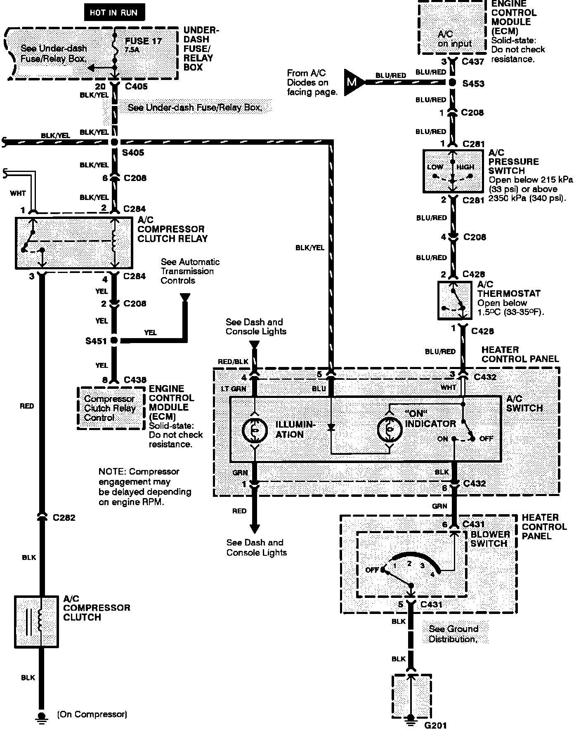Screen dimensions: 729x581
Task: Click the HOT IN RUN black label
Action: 113,12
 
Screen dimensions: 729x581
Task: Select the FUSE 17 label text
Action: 143,41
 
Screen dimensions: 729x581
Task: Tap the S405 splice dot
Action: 114,142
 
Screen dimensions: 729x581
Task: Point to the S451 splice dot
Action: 114,341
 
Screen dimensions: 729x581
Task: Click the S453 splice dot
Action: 453,82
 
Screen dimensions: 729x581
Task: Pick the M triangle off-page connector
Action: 353,82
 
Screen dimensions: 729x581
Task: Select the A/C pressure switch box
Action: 453,171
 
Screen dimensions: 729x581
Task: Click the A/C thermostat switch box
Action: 454,300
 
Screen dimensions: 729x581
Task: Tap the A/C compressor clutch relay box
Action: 74,243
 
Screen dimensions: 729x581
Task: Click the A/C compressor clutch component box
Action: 36,621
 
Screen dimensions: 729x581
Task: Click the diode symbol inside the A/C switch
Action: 331,428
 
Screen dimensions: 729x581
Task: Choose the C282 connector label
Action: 64,517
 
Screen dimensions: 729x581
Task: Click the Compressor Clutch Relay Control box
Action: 110,408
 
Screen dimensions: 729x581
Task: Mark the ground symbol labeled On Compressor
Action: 41,715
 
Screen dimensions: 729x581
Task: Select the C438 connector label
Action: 135,380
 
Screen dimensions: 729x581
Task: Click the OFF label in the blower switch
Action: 372,570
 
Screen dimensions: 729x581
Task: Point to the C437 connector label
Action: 473,61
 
